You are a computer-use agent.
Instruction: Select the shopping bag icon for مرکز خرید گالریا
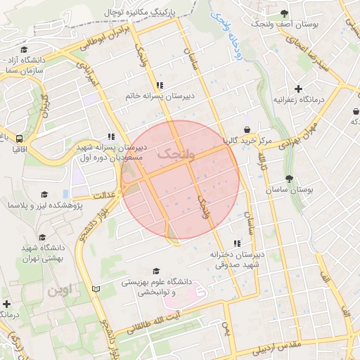pyautogui.click(x=247, y=129)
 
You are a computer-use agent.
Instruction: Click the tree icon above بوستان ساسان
pyautogui.click(x=289, y=179)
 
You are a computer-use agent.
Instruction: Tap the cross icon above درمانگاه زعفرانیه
pyautogui.click(x=299, y=89)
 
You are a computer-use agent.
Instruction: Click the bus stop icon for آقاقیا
pyautogui.click(x=19, y=139)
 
